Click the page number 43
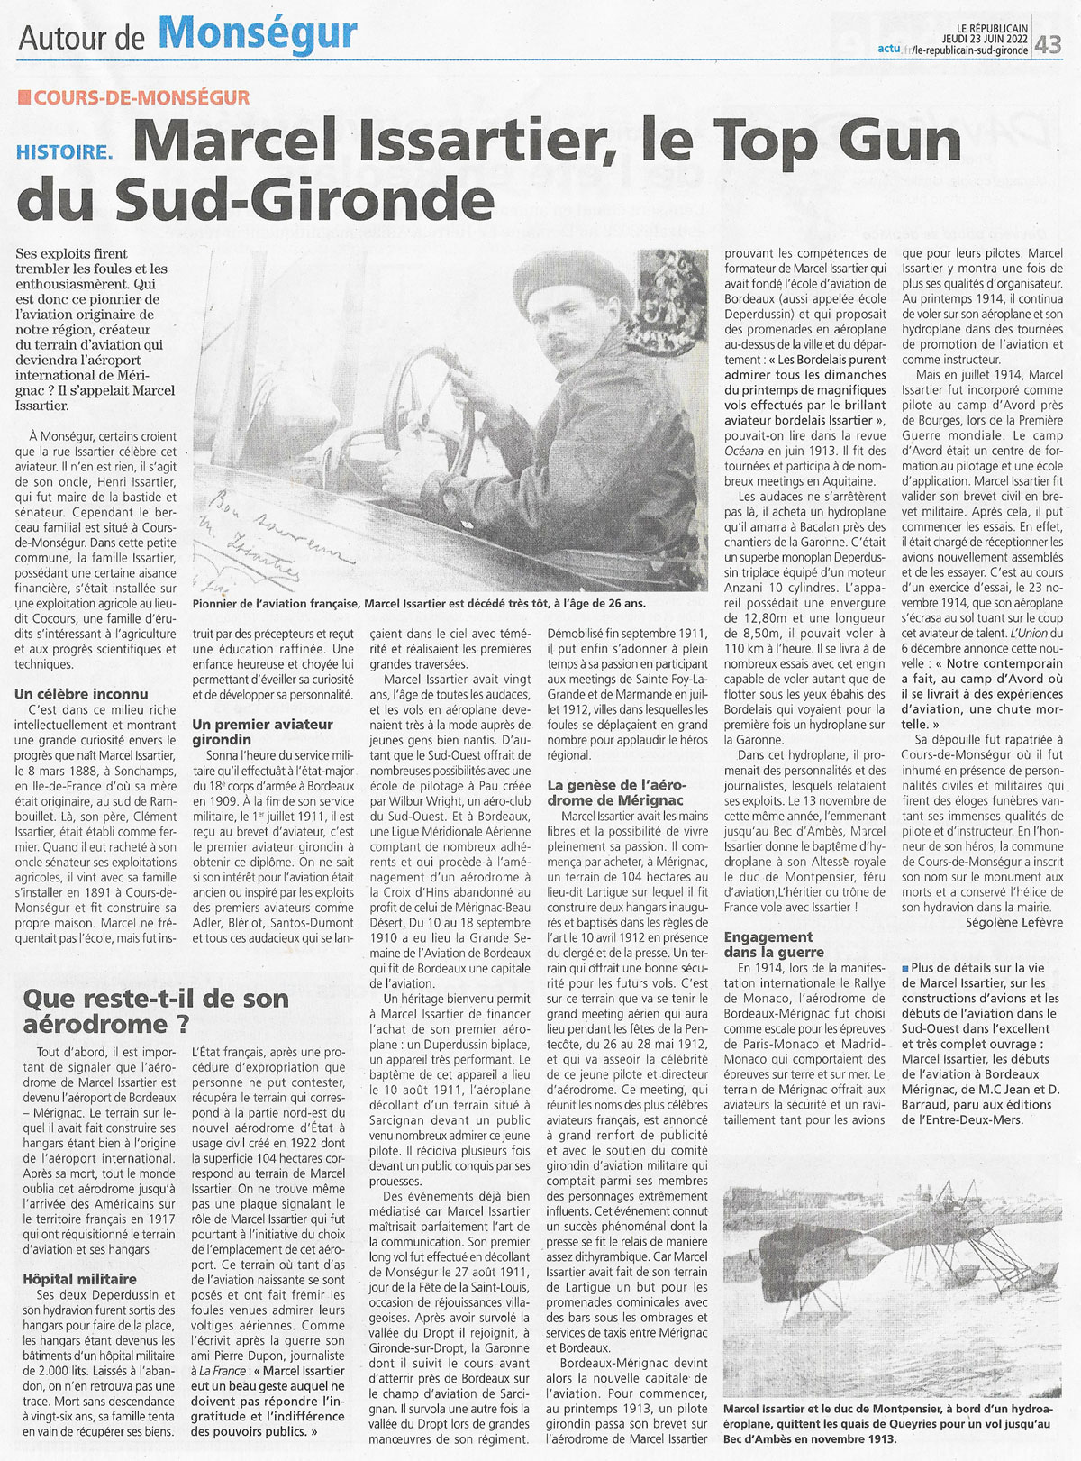1049,44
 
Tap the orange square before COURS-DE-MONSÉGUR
23,97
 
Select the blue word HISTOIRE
62,153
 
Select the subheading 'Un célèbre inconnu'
81,694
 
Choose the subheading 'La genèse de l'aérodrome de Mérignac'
618,792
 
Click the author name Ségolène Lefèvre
1014,922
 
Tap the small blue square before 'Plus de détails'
905,968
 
